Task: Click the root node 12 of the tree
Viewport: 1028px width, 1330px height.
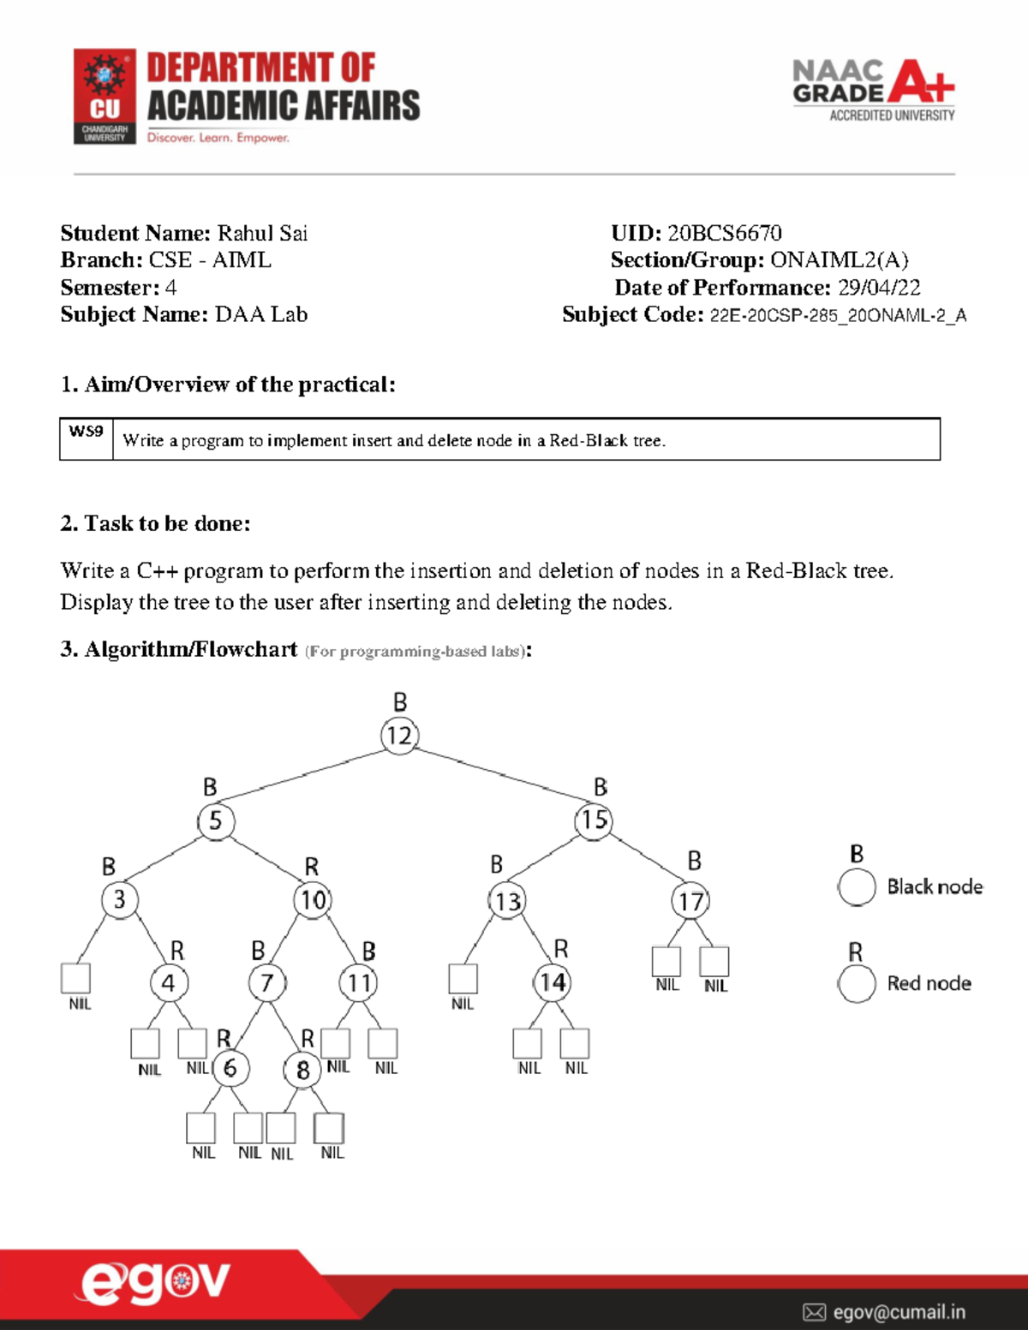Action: coord(399,736)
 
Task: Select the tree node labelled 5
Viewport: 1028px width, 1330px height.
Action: coord(216,820)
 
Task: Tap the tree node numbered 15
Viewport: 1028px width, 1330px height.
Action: coord(594,820)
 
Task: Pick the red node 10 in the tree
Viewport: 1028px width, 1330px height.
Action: coord(313,900)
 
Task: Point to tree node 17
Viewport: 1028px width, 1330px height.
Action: coord(690,901)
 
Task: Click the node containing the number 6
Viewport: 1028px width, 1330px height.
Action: coord(230,1068)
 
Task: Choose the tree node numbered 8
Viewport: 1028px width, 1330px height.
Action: coord(302,1070)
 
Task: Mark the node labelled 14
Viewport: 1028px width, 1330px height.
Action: coord(553,982)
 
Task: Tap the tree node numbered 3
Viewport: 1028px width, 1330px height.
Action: coord(120,899)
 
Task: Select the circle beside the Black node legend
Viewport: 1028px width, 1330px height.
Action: coord(857,887)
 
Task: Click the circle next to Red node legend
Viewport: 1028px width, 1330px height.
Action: coord(857,983)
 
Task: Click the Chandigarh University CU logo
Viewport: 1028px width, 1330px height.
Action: coord(105,96)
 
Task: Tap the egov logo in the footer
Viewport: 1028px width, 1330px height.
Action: coord(155,1283)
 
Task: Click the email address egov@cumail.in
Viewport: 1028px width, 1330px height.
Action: coord(899,1312)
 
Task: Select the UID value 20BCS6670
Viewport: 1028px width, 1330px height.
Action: coord(724,233)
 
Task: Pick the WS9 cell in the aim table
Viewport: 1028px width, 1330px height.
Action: coord(86,432)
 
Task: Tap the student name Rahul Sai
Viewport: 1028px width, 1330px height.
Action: coord(262,233)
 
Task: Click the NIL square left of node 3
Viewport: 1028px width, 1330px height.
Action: coord(76,978)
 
